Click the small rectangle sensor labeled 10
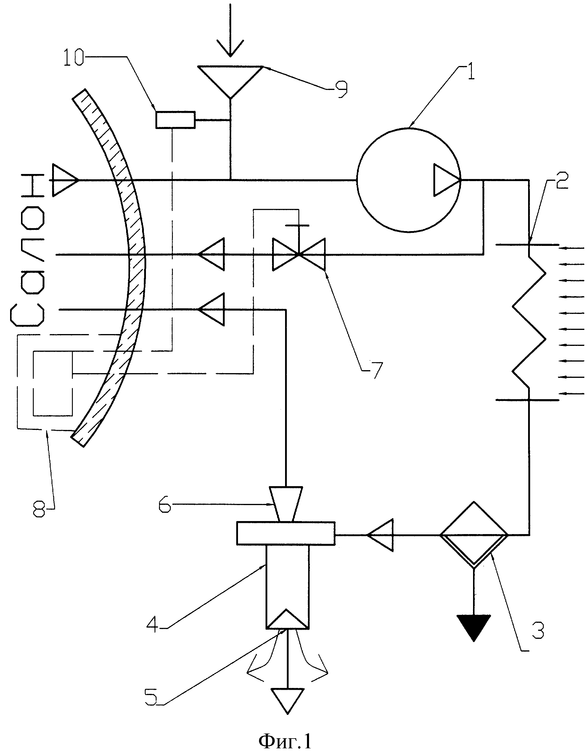tap(175, 120)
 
